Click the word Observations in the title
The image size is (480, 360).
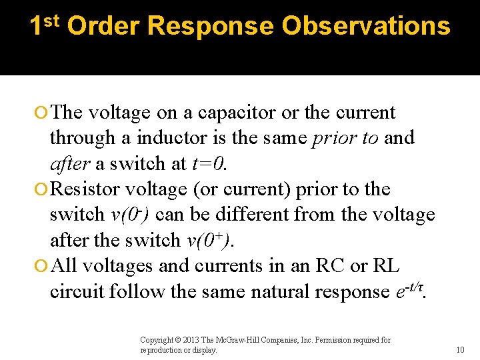[x=365, y=26]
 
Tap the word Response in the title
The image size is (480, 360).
[x=210, y=26]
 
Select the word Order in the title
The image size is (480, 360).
[x=103, y=26]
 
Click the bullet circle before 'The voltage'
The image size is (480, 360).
[x=42, y=113]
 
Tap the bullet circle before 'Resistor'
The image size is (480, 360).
[x=42, y=190]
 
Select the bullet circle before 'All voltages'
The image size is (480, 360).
[x=42, y=267]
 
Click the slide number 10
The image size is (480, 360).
[x=460, y=350]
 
